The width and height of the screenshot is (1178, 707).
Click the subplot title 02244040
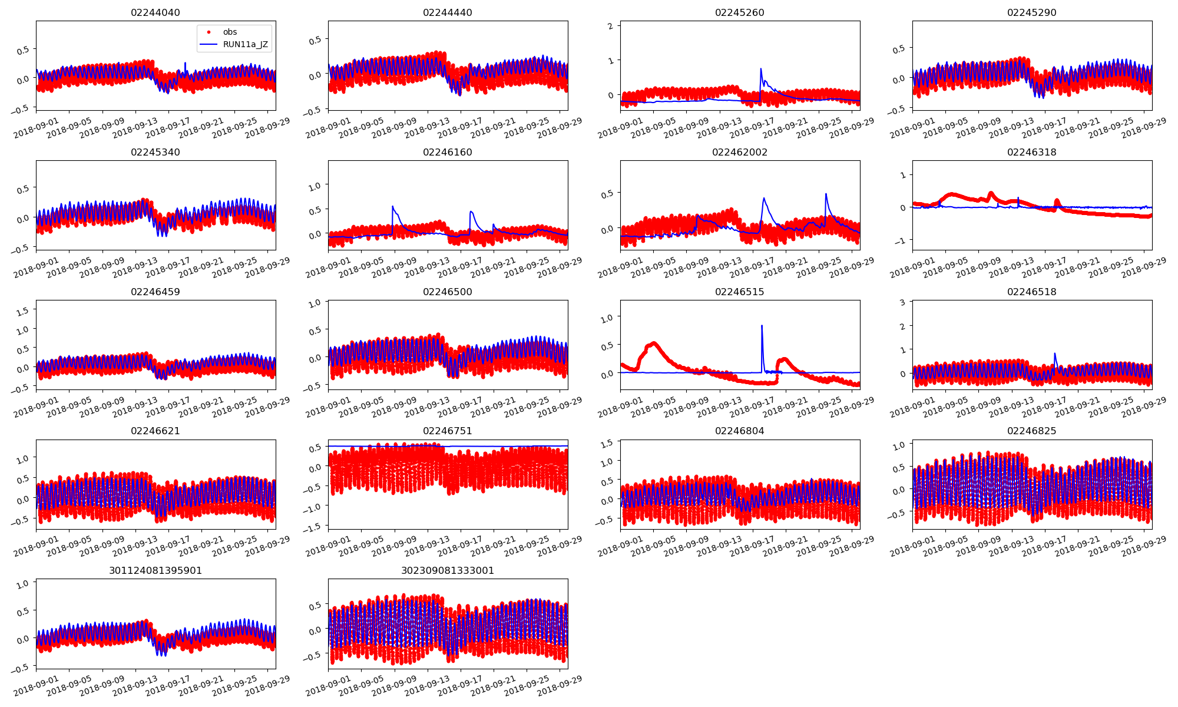click(x=155, y=12)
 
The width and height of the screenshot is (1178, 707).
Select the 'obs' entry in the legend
click(x=230, y=32)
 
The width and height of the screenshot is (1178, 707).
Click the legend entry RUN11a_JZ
click(x=245, y=44)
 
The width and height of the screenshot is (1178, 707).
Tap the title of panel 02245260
click(x=739, y=12)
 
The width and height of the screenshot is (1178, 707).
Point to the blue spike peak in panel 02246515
click(x=762, y=325)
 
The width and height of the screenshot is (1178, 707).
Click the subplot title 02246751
click(x=448, y=431)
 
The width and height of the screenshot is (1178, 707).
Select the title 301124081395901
click(x=155, y=570)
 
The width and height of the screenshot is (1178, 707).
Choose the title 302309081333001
click(x=448, y=570)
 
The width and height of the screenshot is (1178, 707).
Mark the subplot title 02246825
click(x=1031, y=431)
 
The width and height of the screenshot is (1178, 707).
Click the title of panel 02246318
click(x=1031, y=152)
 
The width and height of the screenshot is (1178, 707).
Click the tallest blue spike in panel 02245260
click(x=760, y=69)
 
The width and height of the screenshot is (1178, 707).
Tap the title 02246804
click(x=739, y=431)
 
